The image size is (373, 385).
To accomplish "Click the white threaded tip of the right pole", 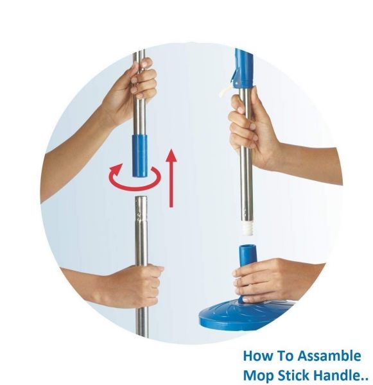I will (x=246, y=225).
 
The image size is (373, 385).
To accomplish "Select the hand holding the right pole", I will (x=247, y=128).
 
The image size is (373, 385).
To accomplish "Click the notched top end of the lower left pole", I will (x=141, y=204).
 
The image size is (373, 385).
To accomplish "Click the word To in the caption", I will (x=286, y=356).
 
